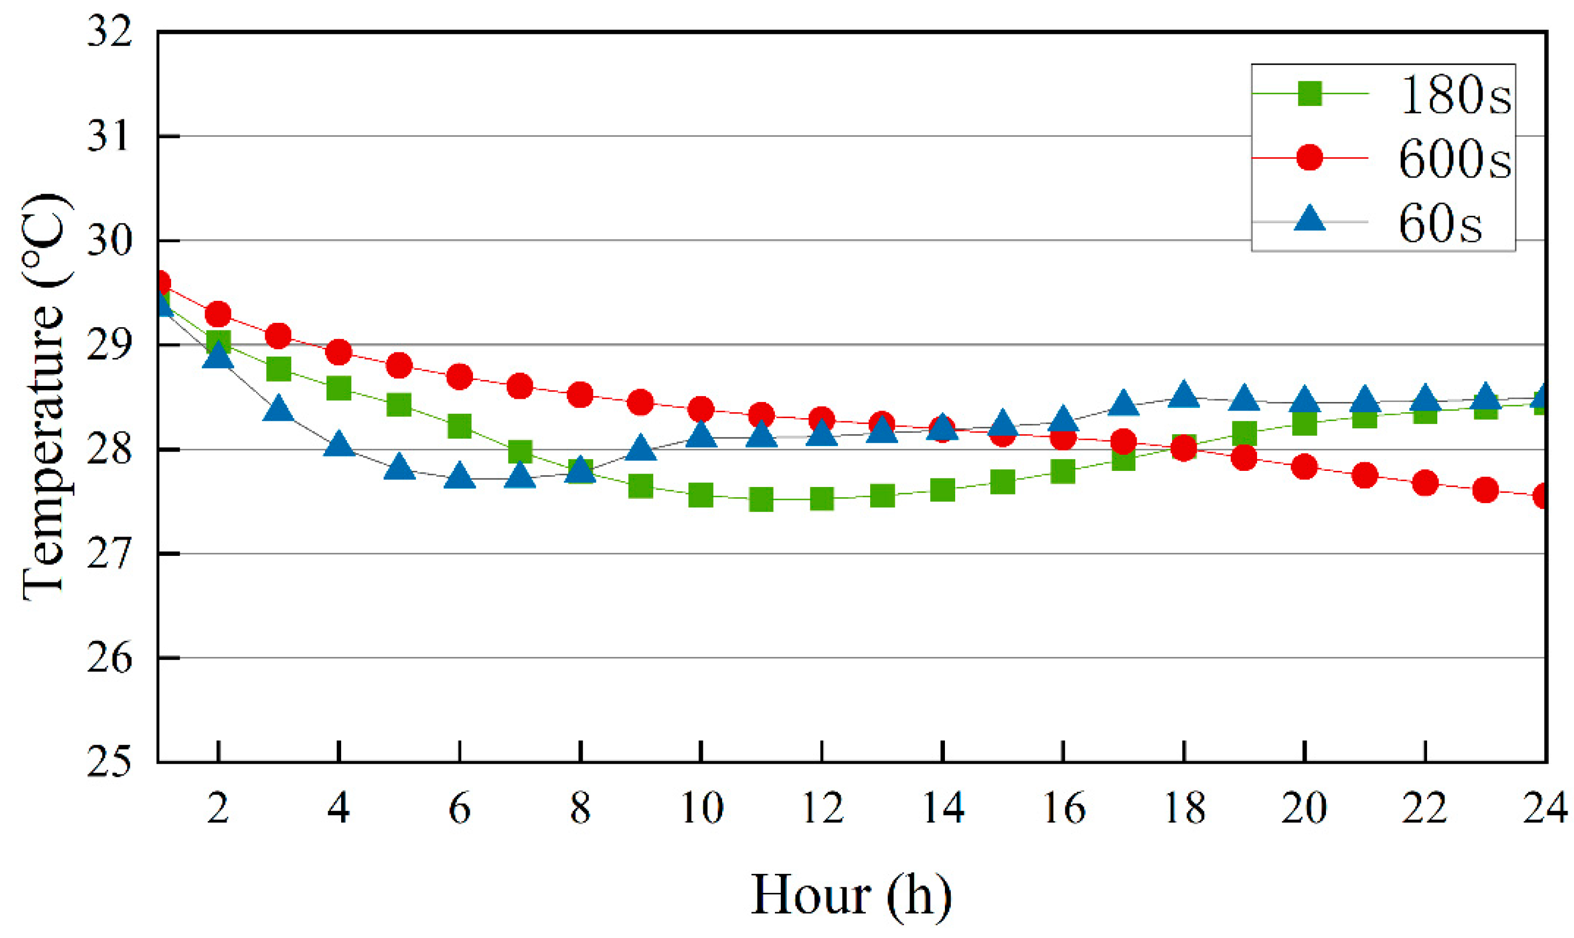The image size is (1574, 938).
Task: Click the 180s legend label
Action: click(1455, 95)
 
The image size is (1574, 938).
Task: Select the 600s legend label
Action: click(1455, 159)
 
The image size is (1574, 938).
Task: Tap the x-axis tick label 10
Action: click(701, 808)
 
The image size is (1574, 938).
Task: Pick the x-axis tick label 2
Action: click(218, 808)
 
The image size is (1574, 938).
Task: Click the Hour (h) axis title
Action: click(851, 895)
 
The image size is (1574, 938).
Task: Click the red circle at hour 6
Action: click(460, 377)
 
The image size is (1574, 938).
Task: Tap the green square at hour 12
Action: click(821, 499)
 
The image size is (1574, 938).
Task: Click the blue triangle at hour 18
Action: click(1183, 396)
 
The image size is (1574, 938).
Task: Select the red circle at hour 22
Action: click(1425, 484)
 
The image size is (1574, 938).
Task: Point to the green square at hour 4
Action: click(338, 388)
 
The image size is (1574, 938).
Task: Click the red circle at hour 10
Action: click(701, 410)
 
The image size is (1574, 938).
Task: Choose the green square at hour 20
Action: click(1304, 423)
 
